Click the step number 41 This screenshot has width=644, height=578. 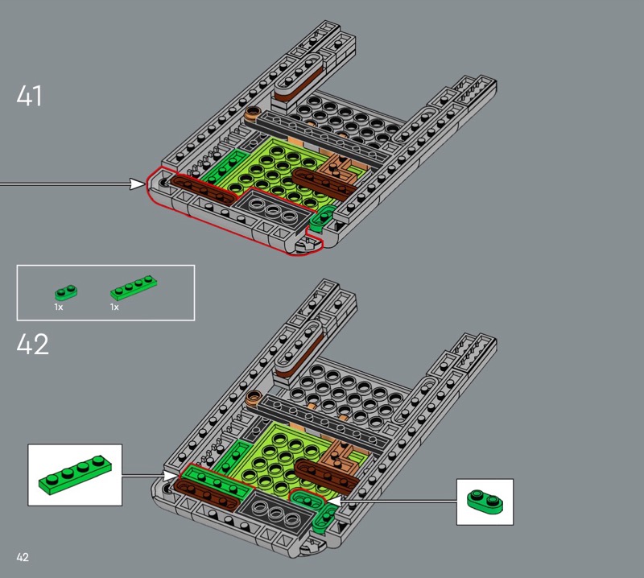click(x=29, y=96)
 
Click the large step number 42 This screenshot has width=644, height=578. click(x=32, y=344)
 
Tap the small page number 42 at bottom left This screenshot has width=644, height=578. click(x=23, y=557)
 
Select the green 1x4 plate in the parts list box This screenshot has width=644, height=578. click(x=134, y=287)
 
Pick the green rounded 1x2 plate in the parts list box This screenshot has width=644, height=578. click(x=66, y=292)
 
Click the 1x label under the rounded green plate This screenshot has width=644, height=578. click(x=58, y=307)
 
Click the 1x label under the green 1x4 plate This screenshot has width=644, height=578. click(x=114, y=307)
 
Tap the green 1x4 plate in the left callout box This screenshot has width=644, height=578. click(x=75, y=475)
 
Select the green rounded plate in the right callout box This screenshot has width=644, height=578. click(x=485, y=502)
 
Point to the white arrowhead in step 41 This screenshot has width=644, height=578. click(x=138, y=184)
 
